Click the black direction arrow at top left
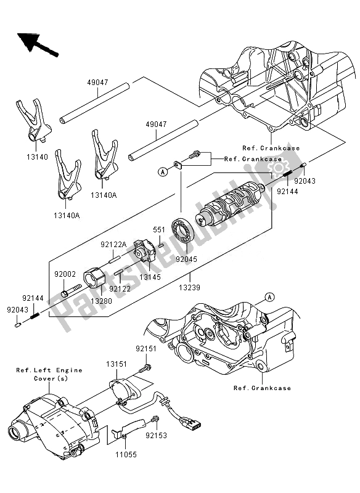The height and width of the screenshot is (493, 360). [x=36, y=44]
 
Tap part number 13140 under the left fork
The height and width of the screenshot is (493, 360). [x=37, y=157]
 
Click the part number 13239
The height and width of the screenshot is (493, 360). [x=190, y=287]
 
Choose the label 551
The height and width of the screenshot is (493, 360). [x=159, y=229]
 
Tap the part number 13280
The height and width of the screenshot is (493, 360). [x=102, y=301]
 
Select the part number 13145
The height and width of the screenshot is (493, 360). [x=150, y=277]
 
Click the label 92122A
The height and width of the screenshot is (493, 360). [x=113, y=244]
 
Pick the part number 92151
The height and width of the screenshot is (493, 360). [x=146, y=349]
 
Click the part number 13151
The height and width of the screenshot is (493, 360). [x=117, y=364]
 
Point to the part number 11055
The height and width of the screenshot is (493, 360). [x=126, y=454]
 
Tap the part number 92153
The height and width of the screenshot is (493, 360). [x=156, y=436]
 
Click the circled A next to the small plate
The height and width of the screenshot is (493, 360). [x=163, y=172]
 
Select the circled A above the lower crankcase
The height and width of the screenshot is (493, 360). [x=269, y=296]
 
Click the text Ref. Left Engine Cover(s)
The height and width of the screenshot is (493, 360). [x=49, y=374]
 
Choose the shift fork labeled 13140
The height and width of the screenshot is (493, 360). [x=33, y=120]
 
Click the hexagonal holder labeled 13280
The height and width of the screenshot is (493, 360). [x=94, y=277]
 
